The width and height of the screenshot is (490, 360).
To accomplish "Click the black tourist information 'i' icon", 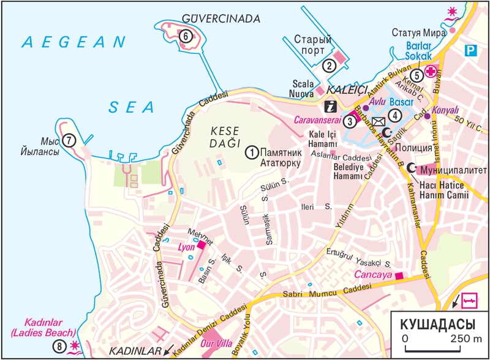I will click(x=330, y=105).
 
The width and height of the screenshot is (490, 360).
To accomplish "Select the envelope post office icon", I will click(x=378, y=121).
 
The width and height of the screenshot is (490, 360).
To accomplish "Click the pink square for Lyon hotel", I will click(x=202, y=246).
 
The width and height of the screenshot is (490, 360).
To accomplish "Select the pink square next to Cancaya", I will click(x=400, y=276).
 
